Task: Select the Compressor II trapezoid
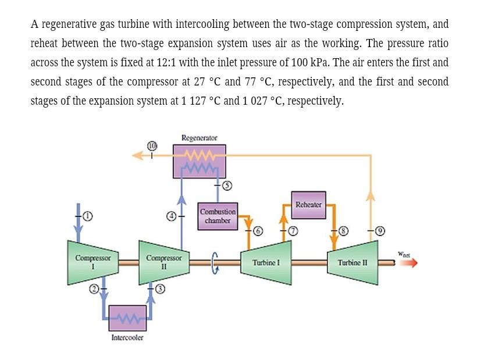(163, 262)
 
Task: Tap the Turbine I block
(266, 263)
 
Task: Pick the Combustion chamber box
(218, 216)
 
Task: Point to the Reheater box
(308, 205)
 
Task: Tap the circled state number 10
(153, 145)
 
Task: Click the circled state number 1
(87, 217)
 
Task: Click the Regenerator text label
(200, 138)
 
